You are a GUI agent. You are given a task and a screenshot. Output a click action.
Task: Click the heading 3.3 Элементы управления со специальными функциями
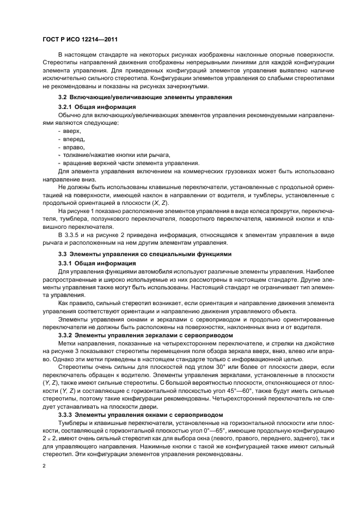(x=145, y=254)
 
